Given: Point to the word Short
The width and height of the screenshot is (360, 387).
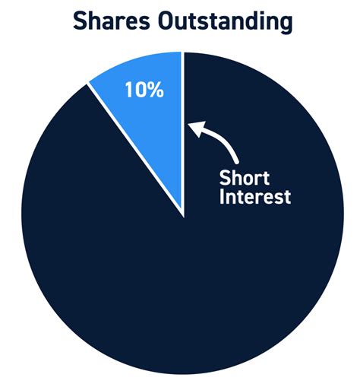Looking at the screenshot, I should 241,179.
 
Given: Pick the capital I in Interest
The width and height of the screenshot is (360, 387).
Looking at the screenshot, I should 222,200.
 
